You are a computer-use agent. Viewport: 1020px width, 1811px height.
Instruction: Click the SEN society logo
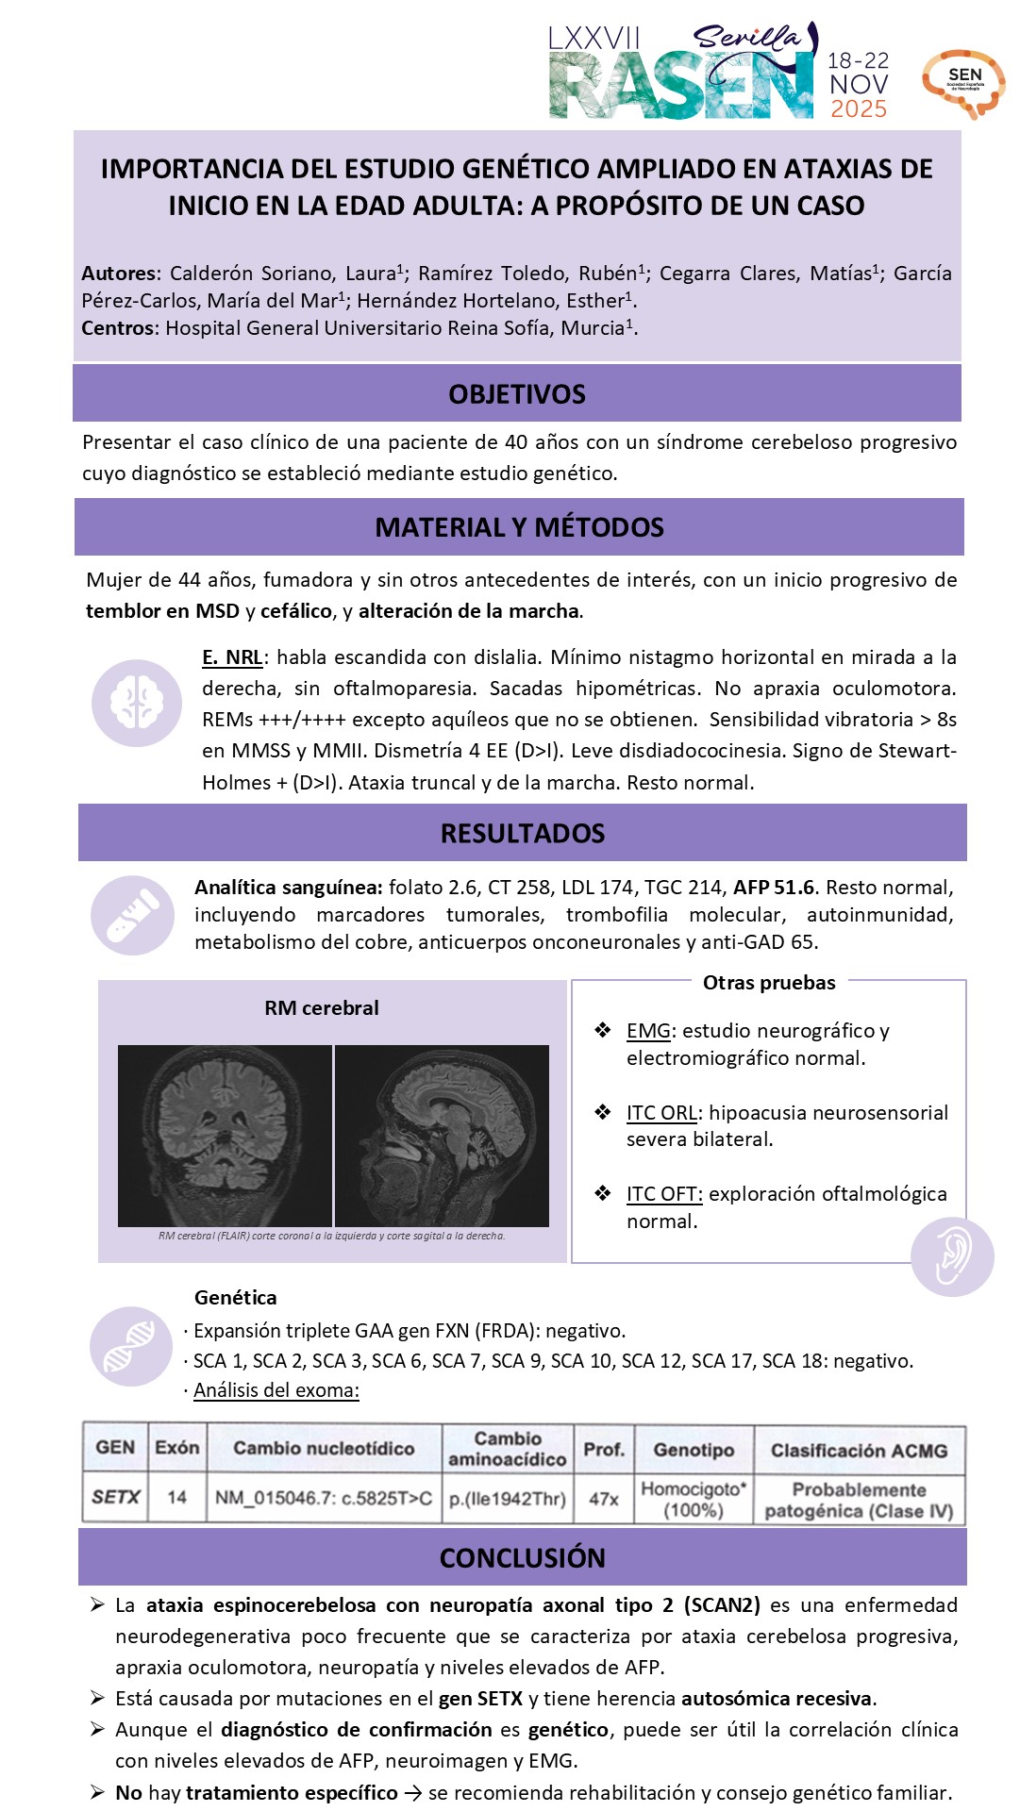[x=963, y=83]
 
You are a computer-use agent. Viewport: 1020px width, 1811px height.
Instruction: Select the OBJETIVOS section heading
[x=517, y=394]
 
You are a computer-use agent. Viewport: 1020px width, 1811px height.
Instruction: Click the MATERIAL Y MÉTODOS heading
[x=519, y=527]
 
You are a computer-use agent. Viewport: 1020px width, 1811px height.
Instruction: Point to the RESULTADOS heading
[x=523, y=833]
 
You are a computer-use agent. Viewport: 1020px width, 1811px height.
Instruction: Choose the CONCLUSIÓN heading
[x=523, y=1557]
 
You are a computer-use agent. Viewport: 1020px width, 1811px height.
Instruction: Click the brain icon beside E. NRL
[x=137, y=703]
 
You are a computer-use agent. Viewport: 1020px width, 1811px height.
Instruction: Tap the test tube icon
[x=133, y=914]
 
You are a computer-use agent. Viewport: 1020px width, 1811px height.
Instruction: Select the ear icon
[x=952, y=1255]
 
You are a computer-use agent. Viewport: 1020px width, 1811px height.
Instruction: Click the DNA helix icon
[x=130, y=1345]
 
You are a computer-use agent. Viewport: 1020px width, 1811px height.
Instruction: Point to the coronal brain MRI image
[x=225, y=1135]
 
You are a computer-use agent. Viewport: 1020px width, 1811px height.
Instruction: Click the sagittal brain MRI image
[x=442, y=1135]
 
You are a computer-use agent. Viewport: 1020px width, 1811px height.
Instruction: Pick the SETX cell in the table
[x=115, y=1497]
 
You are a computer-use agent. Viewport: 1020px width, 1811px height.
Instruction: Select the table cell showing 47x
[x=604, y=1498]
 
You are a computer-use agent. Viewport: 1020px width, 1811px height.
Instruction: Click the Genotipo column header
[x=694, y=1450]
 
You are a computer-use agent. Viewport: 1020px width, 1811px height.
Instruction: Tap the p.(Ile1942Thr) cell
[x=508, y=1498]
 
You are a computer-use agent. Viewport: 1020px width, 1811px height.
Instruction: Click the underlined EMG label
[x=648, y=1031]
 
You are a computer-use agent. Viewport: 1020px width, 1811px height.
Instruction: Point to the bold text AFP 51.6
[x=774, y=888]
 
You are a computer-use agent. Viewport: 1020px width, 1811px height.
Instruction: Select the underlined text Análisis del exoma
[x=276, y=1390]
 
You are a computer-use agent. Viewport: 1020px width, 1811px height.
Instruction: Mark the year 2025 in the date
[x=859, y=109]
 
